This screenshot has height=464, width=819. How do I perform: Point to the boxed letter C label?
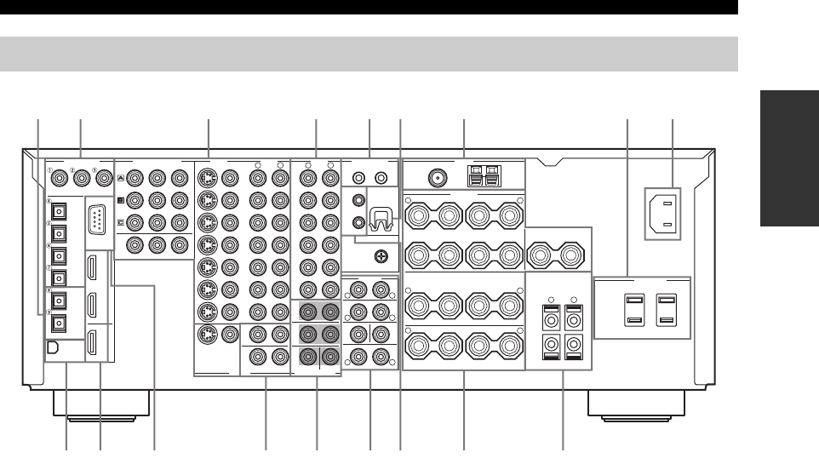coord(121,224)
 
